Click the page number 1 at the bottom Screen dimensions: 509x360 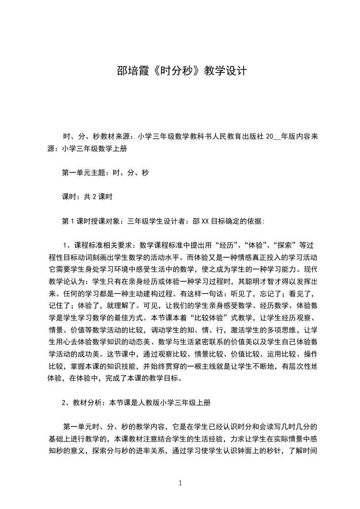180,483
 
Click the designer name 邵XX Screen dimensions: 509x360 200,221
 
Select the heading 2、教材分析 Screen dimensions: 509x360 81,402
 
